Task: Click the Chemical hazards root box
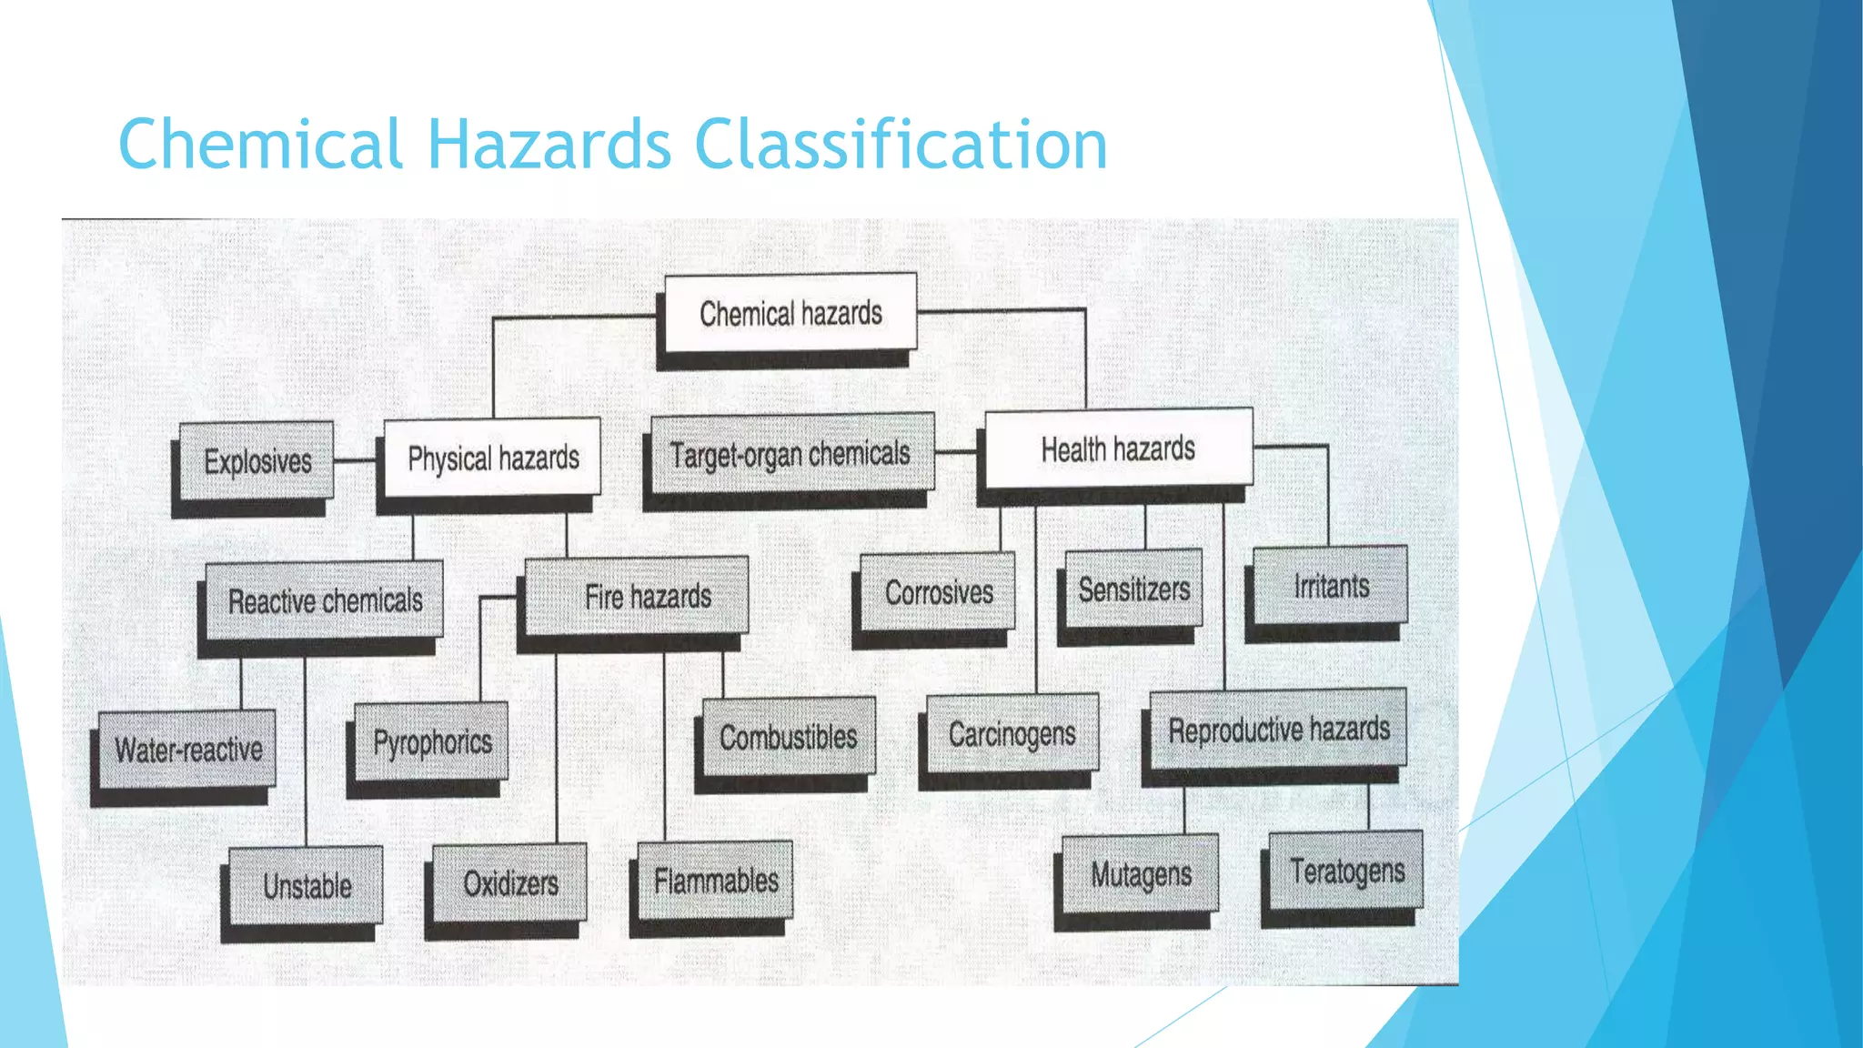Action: (791, 313)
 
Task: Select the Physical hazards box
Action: (492, 458)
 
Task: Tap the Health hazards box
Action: (1118, 448)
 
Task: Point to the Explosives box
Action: (257, 461)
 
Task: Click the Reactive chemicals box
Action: (325, 600)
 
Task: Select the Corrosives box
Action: (938, 592)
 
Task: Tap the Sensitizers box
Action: (1133, 589)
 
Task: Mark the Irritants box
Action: (1330, 585)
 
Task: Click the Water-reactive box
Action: (187, 750)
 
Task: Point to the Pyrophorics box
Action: (432, 741)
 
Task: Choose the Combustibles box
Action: (789, 736)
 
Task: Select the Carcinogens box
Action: (1012, 733)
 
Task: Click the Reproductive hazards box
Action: (1278, 729)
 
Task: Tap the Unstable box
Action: (307, 885)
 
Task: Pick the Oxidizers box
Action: (510, 882)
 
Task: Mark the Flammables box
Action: (715, 880)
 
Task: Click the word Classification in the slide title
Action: (901, 145)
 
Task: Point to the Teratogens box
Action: (1346, 871)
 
